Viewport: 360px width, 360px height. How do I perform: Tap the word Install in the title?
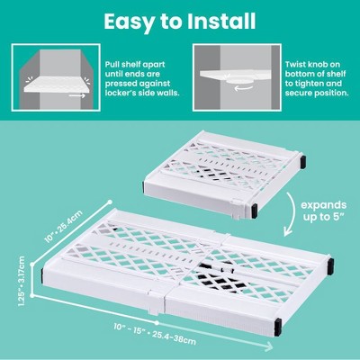(221, 21)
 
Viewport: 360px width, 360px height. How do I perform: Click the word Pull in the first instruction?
(112, 65)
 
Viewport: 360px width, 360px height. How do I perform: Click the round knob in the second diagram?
(239, 80)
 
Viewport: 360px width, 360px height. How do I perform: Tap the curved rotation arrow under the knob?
(243, 88)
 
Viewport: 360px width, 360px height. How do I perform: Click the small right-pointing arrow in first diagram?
(76, 95)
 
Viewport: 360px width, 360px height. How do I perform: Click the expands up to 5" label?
(324, 211)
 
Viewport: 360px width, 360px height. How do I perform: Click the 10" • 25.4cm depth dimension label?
(63, 227)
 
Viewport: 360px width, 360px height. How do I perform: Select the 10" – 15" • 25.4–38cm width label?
(155, 334)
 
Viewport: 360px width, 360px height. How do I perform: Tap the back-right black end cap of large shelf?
(331, 265)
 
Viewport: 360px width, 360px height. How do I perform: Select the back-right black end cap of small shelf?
(303, 161)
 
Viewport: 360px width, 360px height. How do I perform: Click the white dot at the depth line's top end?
(110, 202)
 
